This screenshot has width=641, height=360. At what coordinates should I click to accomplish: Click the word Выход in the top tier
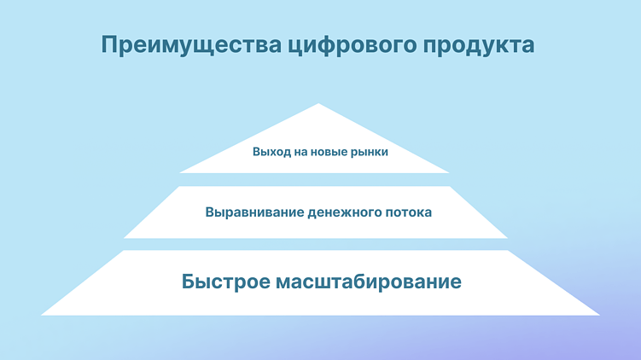[x=270, y=153]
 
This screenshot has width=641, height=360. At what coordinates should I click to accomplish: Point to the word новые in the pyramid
[x=326, y=153]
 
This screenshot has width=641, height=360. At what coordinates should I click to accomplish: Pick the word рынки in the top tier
[x=369, y=153]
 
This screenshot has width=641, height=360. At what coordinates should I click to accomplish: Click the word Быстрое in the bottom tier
[x=224, y=282]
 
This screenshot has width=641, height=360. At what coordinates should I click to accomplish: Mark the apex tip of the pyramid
[x=319, y=104]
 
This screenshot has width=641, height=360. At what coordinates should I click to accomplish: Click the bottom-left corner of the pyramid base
[x=42, y=314]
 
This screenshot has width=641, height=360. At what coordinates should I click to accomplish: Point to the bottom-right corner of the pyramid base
[x=598, y=314]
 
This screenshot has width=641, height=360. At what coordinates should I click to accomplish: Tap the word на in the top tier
[x=297, y=153]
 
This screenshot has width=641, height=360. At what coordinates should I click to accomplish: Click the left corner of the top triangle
[x=180, y=172]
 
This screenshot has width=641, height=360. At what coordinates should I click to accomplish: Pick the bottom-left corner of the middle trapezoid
[x=125, y=237]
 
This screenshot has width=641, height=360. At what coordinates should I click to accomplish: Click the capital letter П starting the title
[x=108, y=45]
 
